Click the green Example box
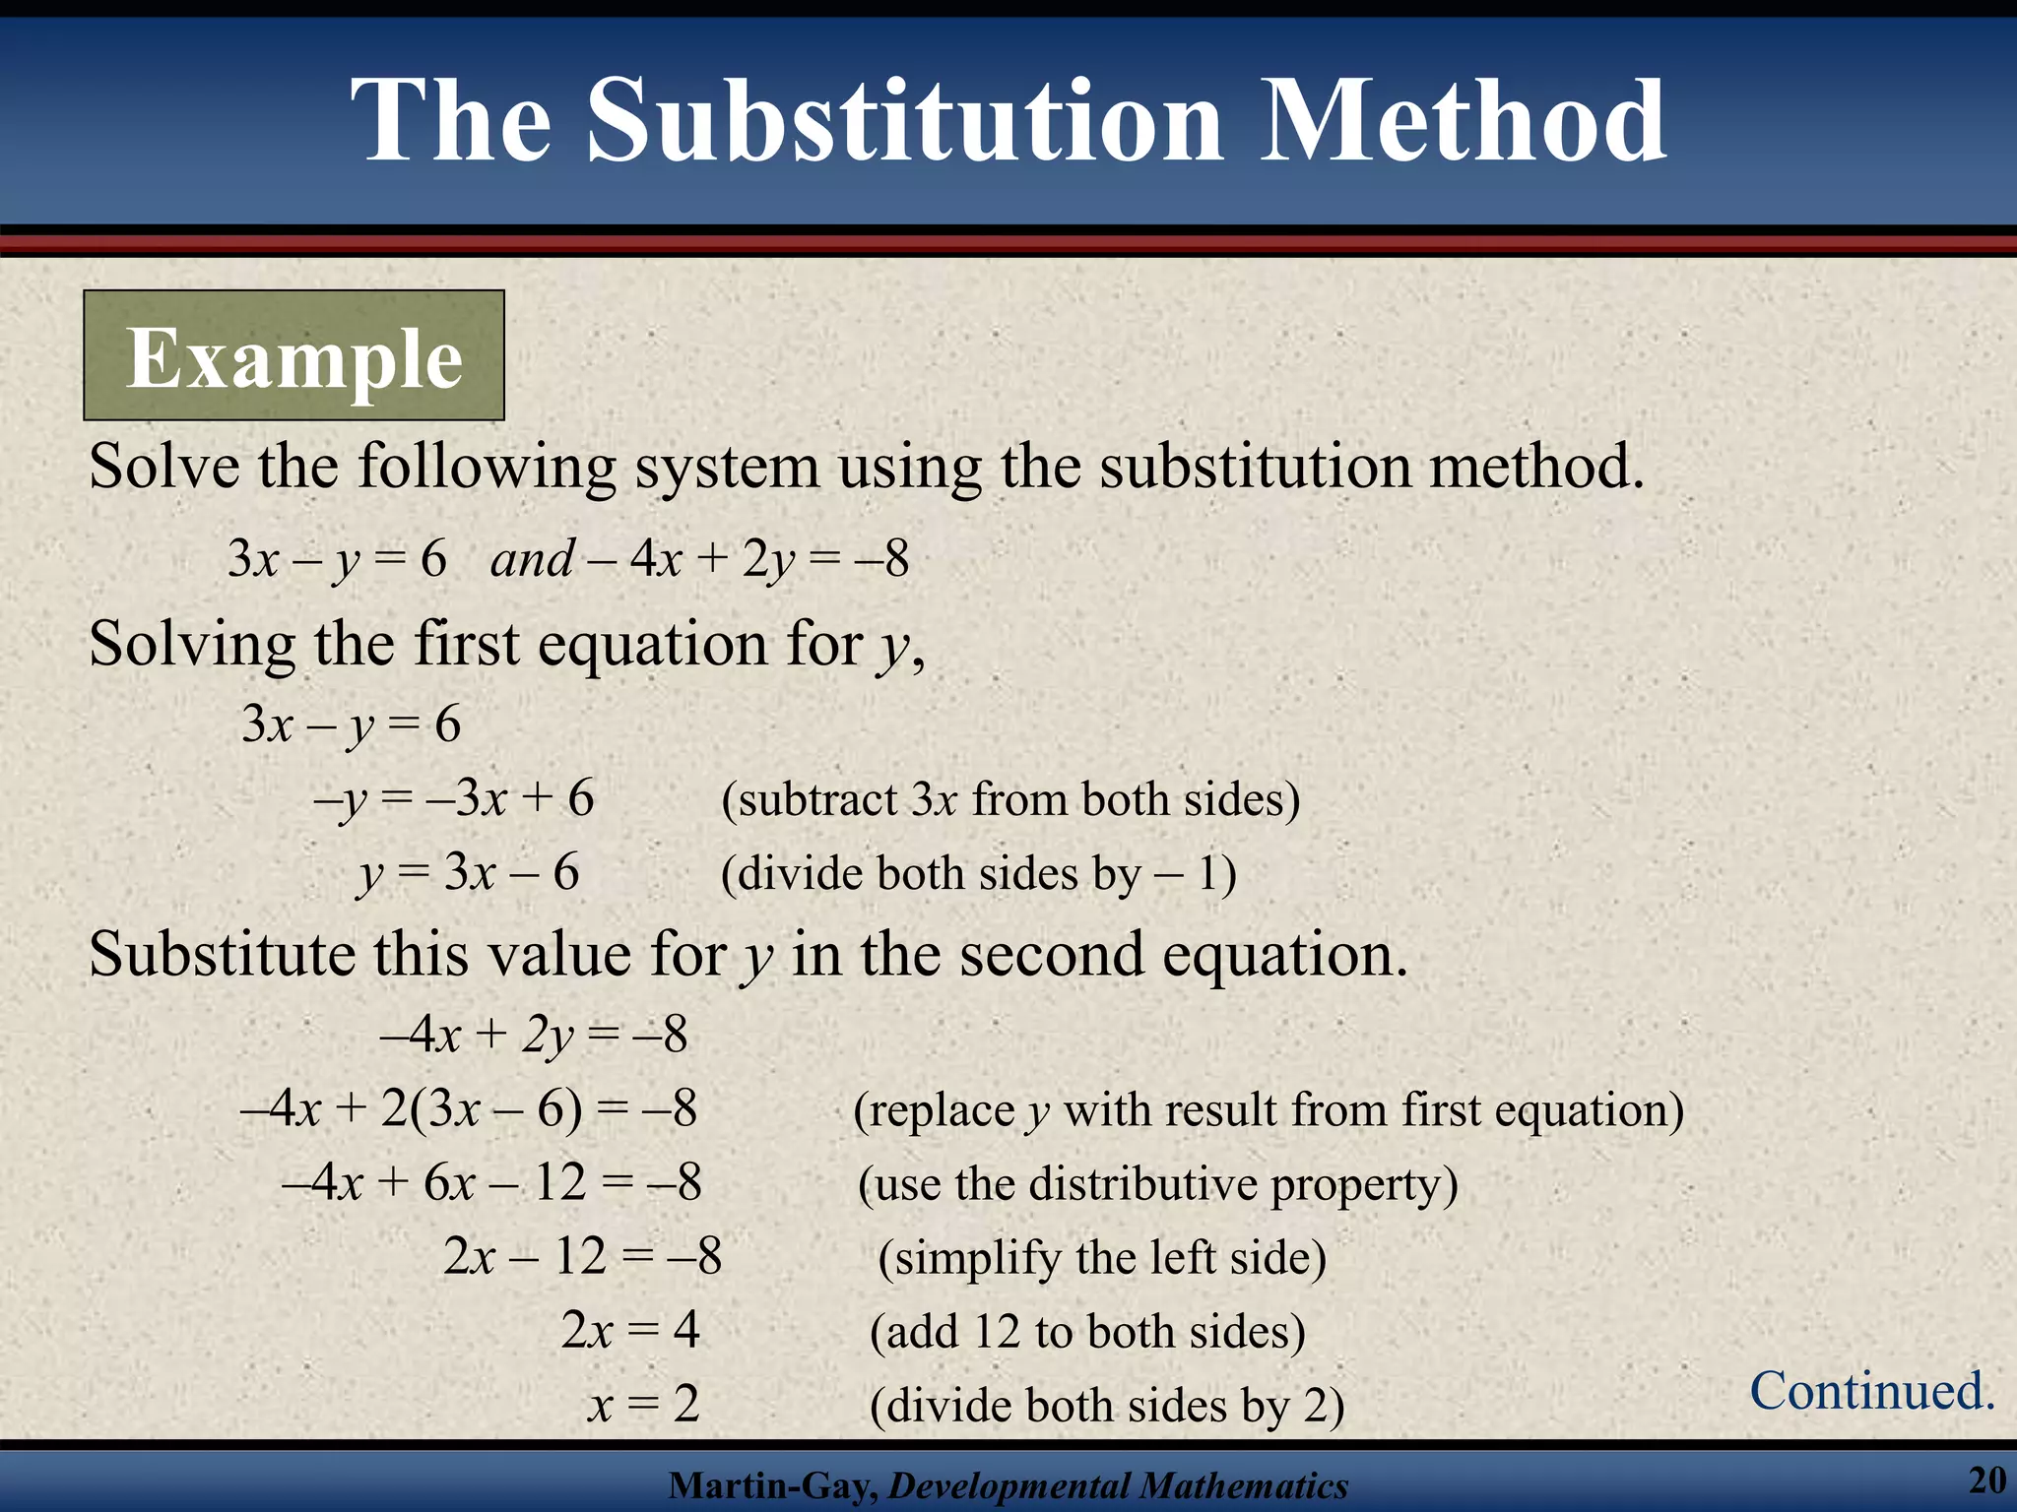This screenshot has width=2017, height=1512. click(293, 355)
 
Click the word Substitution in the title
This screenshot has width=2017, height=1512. click(906, 122)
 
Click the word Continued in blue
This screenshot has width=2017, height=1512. click(1871, 1391)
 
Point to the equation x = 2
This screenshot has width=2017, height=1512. click(644, 1404)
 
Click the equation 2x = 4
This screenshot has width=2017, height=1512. click(630, 1330)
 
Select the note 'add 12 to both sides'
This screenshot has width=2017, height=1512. click(1087, 1332)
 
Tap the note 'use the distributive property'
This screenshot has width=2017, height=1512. click(1157, 1184)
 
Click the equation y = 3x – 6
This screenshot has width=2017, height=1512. click(469, 873)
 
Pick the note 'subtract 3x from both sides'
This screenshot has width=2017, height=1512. click(1010, 799)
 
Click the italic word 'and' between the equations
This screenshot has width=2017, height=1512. click(532, 560)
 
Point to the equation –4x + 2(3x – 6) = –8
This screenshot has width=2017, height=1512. click(469, 1109)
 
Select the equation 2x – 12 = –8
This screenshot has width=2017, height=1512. click(582, 1257)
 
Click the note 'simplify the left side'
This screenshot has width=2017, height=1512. click(1102, 1258)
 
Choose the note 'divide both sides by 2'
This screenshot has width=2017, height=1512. click(1107, 1406)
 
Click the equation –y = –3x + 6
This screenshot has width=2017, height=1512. click(454, 798)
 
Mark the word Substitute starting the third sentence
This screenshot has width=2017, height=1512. click(222, 955)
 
